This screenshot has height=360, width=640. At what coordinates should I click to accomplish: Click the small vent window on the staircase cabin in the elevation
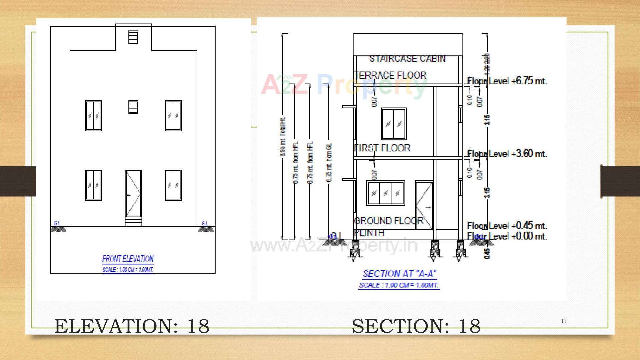(x=133, y=37)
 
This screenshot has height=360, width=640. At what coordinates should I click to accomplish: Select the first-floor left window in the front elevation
(x=93, y=116)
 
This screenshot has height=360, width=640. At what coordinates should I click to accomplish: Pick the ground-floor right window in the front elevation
(x=173, y=185)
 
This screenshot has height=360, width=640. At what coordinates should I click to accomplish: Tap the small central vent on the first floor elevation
(x=133, y=107)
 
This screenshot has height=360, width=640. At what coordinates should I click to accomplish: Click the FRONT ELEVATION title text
(x=128, y=259)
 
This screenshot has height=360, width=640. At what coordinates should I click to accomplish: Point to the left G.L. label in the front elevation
(x=57, y=223)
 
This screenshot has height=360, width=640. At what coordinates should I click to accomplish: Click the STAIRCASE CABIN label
(x=407, y=59)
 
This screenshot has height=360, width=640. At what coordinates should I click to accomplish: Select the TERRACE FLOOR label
(x=391, y=75)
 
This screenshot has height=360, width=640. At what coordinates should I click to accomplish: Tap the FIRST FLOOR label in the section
(x=382, y=148)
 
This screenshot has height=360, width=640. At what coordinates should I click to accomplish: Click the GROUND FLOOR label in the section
(x=389, y=221)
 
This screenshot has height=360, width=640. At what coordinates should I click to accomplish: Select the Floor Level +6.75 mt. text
(x=507, y=81)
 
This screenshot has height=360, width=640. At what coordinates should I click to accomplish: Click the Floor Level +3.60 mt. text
(x=507, y=154)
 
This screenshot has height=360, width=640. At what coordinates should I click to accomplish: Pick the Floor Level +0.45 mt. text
(x=507, y=226)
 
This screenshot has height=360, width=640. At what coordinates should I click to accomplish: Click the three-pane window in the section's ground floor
(x=386, y=193)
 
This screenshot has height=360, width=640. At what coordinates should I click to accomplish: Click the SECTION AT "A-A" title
(x=399, y=274)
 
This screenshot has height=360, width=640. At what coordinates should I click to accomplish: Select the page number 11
(x=564, y=321)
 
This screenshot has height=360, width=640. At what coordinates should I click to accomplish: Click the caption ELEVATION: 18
(x=132, y=326)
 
